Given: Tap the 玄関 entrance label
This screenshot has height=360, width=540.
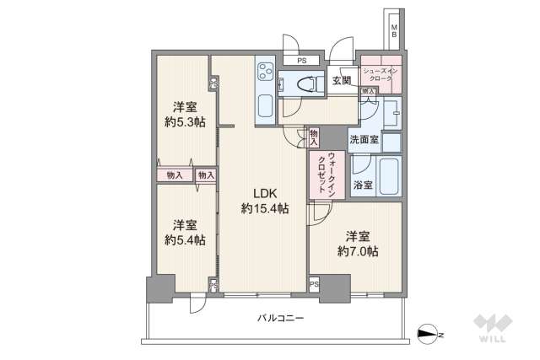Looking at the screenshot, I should (341, 81).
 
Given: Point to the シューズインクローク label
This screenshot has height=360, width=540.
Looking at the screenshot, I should (382, 73).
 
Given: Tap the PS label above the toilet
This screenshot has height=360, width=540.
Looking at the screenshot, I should (301, 61).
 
